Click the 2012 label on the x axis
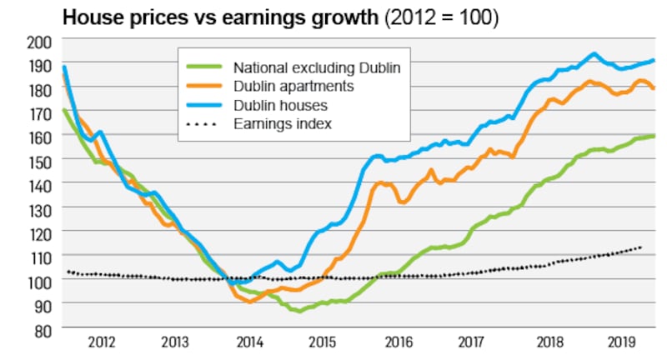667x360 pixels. [x=101, y=342]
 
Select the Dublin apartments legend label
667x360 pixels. [x=295, y=87]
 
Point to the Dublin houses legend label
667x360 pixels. [x=281, y=106]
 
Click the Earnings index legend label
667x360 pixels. [x=283, y=124]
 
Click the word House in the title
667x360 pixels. [x=87, y=17]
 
